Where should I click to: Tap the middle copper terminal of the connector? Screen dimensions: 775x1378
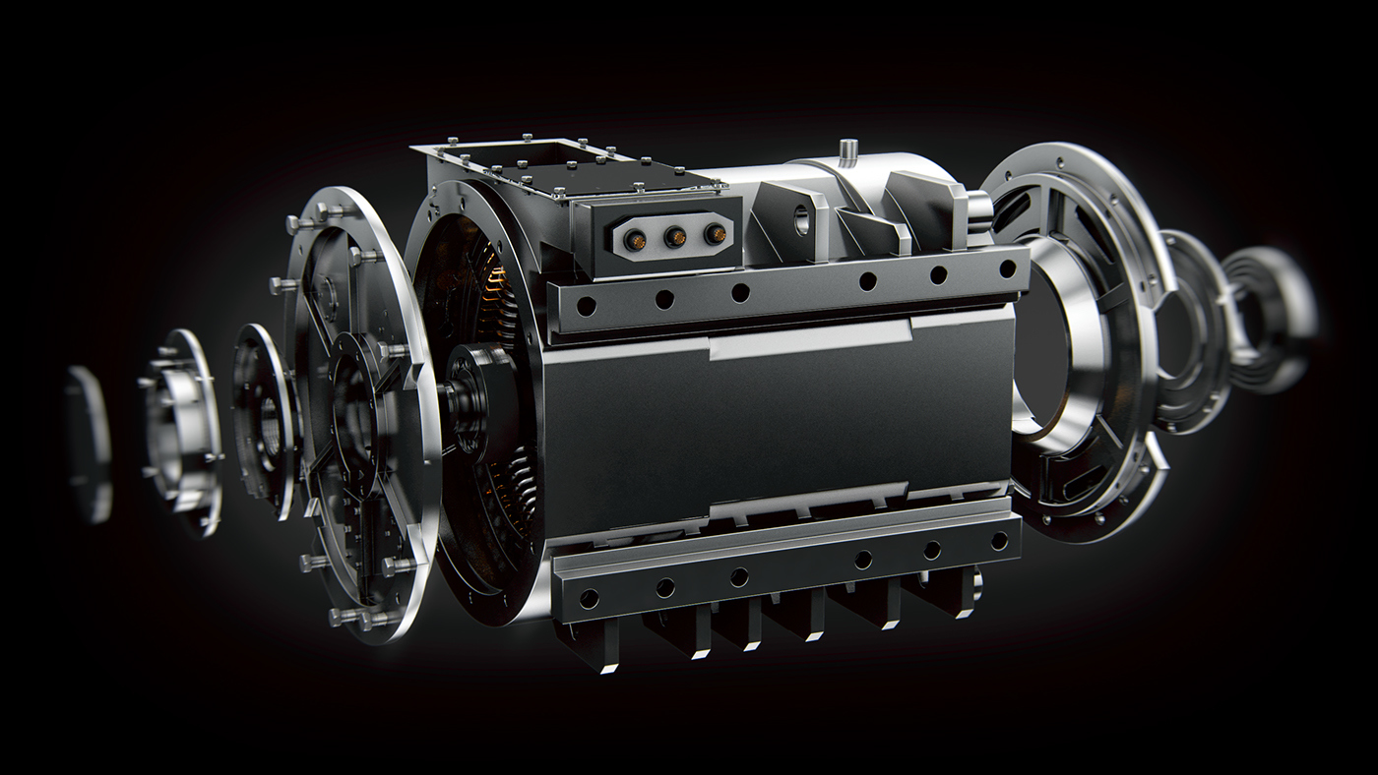[x=676, y=235]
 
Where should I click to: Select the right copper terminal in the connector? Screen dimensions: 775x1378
[x=716, y=234]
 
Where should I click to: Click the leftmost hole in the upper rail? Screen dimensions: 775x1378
[x=586, y=307]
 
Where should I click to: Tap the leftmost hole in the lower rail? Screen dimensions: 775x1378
[x=589, y=598]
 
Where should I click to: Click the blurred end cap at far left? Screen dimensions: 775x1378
[x=88, y=443]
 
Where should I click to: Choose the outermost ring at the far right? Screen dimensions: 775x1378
[x=1270, y=320]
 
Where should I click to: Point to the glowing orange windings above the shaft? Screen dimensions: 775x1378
[x=492, y=285]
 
